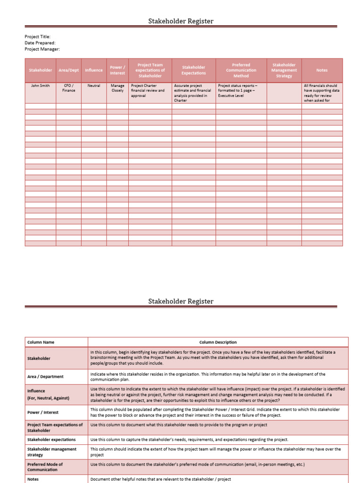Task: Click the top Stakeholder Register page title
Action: click(181, 21)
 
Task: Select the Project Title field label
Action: click(37, 37)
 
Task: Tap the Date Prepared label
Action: click(40, 43)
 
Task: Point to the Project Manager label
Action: click(42, 49)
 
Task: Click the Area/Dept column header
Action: click(69, 70)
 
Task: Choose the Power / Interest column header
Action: click(117, 70)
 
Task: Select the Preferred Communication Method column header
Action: click(241, 70)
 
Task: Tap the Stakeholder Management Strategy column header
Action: click(284, 70)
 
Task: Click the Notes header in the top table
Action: click(322, 70)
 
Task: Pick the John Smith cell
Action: click(41, 86)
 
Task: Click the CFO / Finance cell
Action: click(69, 88)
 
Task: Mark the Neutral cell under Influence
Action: click(94, 86)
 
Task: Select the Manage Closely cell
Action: click(117, 88)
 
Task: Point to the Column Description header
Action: click(218, 342)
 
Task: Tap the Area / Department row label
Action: click(45, 377)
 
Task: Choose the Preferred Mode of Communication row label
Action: click(45, 467)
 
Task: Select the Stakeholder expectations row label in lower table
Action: click(51, 440)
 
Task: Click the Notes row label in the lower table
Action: click(34, 479)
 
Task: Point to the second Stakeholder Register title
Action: click(181, 301)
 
